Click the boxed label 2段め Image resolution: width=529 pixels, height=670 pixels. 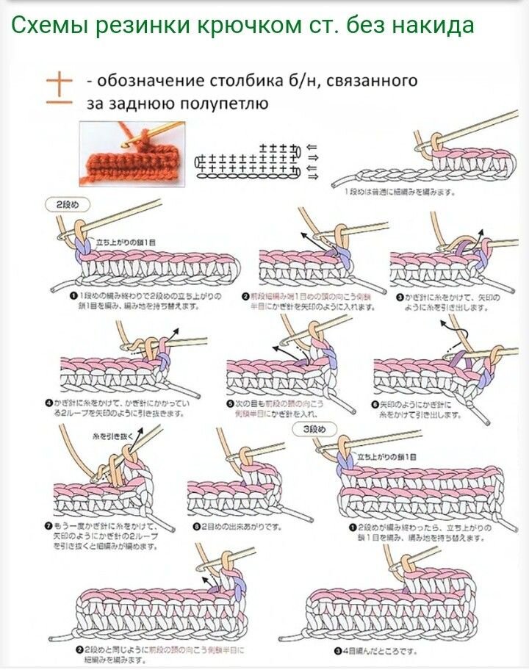(x=62, y=203)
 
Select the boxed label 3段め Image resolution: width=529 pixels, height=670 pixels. (x=314, y=428)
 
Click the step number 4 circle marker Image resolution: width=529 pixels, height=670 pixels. (x=50, y=403)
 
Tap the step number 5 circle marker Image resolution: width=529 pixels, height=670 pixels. (x=229, y=404)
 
